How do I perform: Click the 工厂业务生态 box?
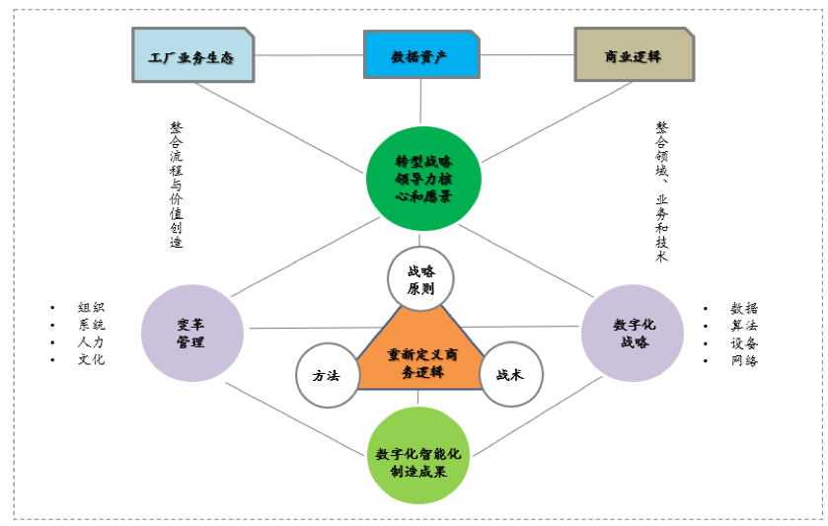(192, 55)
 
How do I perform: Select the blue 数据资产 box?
(420, 55)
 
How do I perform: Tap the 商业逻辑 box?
(633, 55)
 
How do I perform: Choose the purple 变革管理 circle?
(191, 333)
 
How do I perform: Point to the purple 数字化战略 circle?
(633, 333)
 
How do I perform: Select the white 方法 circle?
(327, 375)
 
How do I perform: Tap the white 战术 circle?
(511, 375)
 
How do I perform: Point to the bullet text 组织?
(92, 308)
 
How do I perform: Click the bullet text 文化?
(92, 359)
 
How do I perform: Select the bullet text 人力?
(92, 342)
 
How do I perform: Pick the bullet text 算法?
(745, 326)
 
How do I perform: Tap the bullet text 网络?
(745, 360)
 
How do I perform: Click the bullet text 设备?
(745, 342)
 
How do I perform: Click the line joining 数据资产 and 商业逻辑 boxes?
(527, 54)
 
